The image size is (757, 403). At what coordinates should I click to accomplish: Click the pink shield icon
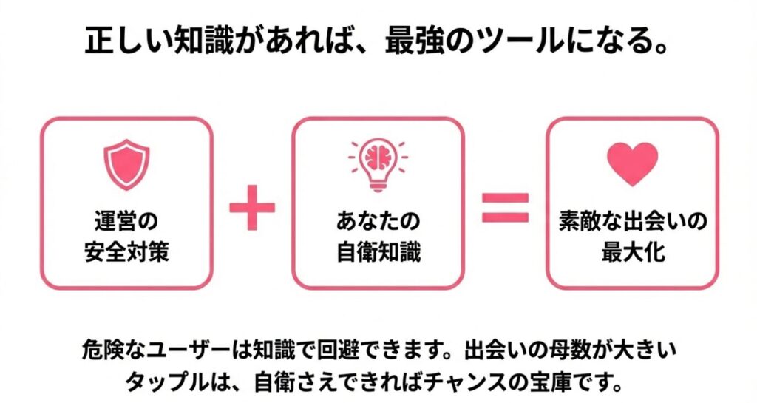tap(126, 164)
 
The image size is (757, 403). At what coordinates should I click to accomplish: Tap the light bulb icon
tap(378, 164)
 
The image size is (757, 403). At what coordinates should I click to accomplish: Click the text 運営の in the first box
tap(126, 222)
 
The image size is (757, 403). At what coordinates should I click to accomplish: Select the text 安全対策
tap(126, 252)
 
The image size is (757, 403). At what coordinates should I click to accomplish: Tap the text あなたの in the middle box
tap(378, 222)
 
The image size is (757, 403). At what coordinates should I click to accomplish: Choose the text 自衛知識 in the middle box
tap(378, 252)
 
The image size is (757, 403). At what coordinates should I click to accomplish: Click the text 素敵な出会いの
tap(632, 222)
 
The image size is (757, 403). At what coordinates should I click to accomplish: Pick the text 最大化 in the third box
tap(632, 252)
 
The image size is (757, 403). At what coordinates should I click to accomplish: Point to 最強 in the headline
tap(412, 42)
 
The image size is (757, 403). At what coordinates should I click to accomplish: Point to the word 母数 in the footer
tap(585, 350)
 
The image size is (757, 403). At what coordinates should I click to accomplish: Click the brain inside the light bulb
tap(378, 155)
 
